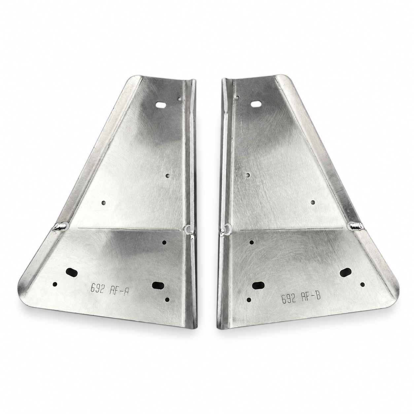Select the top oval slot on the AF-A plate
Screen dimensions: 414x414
point(161,105)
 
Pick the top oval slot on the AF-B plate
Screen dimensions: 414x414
point(255,104)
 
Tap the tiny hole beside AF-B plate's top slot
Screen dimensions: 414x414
point(237,98)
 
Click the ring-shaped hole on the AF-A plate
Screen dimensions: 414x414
point(187,228)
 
